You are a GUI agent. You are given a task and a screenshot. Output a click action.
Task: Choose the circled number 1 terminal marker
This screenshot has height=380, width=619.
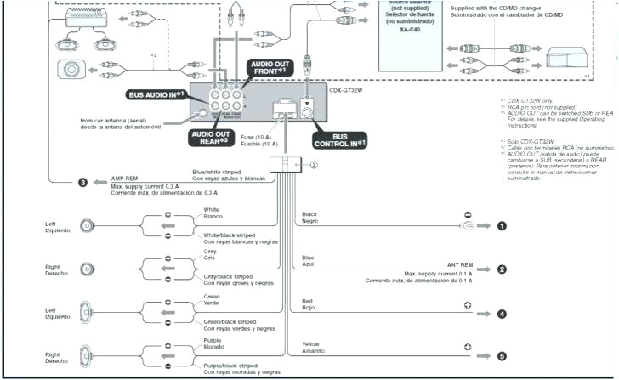tap(502, 225)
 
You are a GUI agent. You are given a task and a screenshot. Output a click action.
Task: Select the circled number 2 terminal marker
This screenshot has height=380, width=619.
tap(502, 269)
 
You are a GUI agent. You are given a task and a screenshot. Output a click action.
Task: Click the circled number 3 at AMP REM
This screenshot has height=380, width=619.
tap(82, 182)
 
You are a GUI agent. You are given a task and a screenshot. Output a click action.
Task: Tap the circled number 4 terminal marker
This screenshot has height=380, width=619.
tap(502, 314)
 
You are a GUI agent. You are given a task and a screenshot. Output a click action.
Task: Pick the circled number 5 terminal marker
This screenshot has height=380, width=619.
tap(502, 357)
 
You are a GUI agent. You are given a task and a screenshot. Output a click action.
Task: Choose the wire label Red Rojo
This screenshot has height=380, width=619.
tap(309, 304)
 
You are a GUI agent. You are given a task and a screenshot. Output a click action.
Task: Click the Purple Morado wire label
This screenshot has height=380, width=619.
tap(213, 343)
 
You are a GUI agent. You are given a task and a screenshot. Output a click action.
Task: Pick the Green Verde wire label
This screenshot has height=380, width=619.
tap(213, 298)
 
